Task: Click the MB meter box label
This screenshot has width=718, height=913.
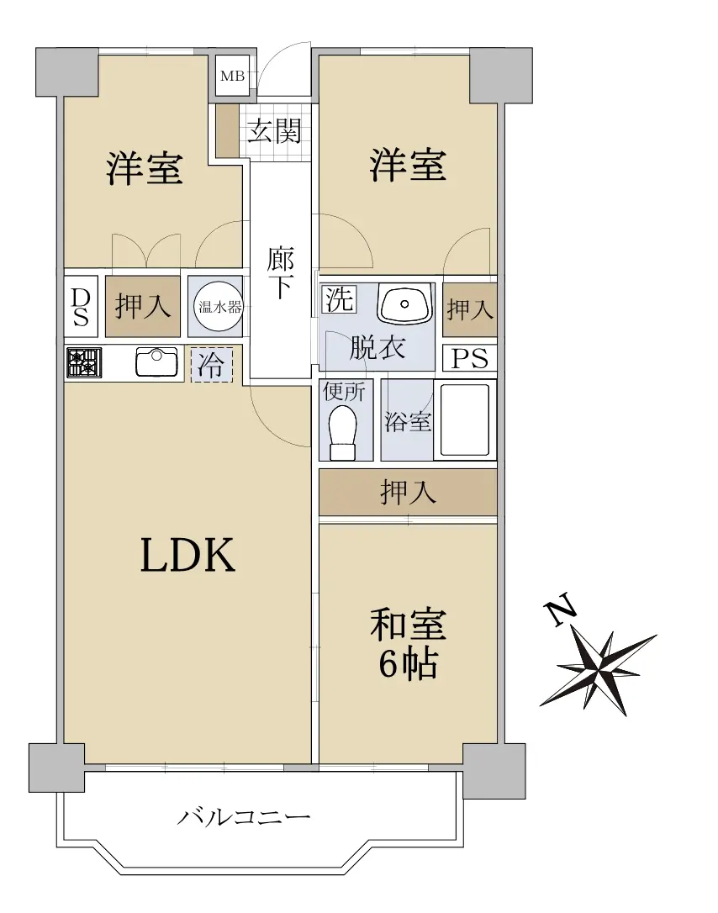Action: pos(232,77)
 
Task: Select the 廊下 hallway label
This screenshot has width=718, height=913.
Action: pos(280,273)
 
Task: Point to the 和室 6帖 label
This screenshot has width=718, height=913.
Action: pos(409,644)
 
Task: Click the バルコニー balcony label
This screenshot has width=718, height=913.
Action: pos(244,817)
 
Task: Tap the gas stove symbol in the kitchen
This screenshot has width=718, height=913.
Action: pos(84,362)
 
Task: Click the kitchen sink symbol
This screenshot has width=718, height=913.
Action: pos(156,362)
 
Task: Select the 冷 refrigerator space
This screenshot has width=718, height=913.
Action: pos(211,365)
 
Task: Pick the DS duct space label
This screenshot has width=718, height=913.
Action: pos(81,307)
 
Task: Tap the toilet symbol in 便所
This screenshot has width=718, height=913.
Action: pos(343,431)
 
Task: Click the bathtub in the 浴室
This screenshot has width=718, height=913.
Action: pos(465,420)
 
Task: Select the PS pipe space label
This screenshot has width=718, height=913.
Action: pos(470,359)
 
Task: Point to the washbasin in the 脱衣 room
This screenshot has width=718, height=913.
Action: pos(404,303)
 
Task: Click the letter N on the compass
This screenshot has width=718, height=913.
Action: pos(560,611)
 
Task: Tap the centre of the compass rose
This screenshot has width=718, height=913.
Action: pos(599,669)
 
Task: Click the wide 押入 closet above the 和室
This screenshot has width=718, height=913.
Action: pos(408,493)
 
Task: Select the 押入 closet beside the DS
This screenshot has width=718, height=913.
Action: pos(143,306)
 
